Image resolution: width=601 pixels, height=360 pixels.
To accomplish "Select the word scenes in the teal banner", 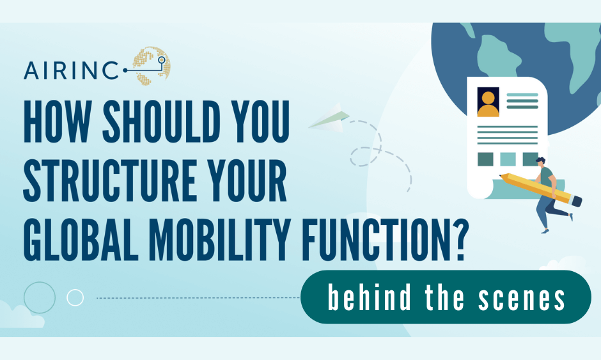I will [527, 299].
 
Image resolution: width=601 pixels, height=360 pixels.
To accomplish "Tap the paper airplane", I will [329, 120].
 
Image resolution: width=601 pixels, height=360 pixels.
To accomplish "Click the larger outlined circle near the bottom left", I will [39, 297].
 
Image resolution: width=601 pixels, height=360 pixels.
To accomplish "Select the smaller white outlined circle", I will [75, 297].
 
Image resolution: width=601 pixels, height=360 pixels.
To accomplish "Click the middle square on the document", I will [508, 159].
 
